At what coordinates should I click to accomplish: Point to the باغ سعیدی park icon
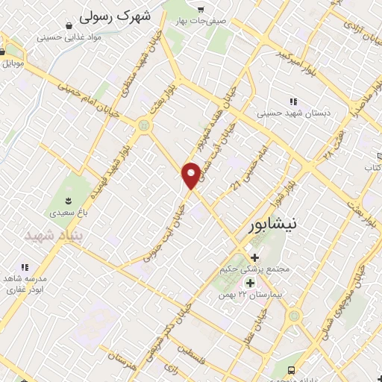[69, 200]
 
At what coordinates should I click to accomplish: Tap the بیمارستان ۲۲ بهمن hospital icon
[250, 283]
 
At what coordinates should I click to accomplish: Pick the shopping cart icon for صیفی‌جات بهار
[200, 9]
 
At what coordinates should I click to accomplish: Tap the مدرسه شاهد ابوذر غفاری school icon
[25, 266]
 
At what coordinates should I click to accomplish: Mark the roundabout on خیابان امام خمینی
[144, 125]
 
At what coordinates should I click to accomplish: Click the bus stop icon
[291, 370]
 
